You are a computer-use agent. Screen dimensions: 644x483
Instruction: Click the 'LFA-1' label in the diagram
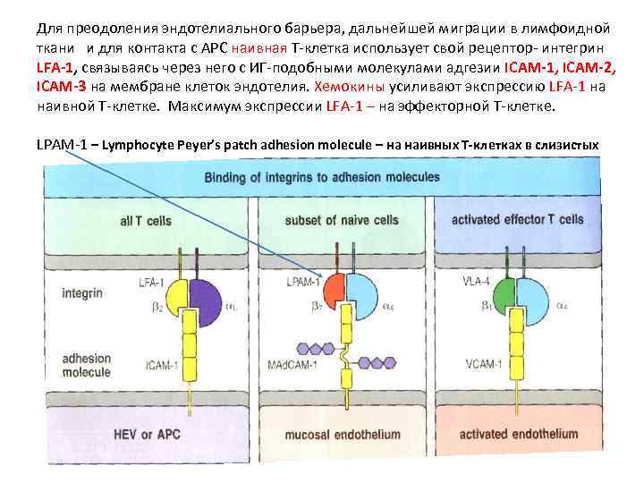click(151, 284)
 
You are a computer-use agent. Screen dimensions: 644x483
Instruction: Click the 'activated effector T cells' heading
click(518, 219)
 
